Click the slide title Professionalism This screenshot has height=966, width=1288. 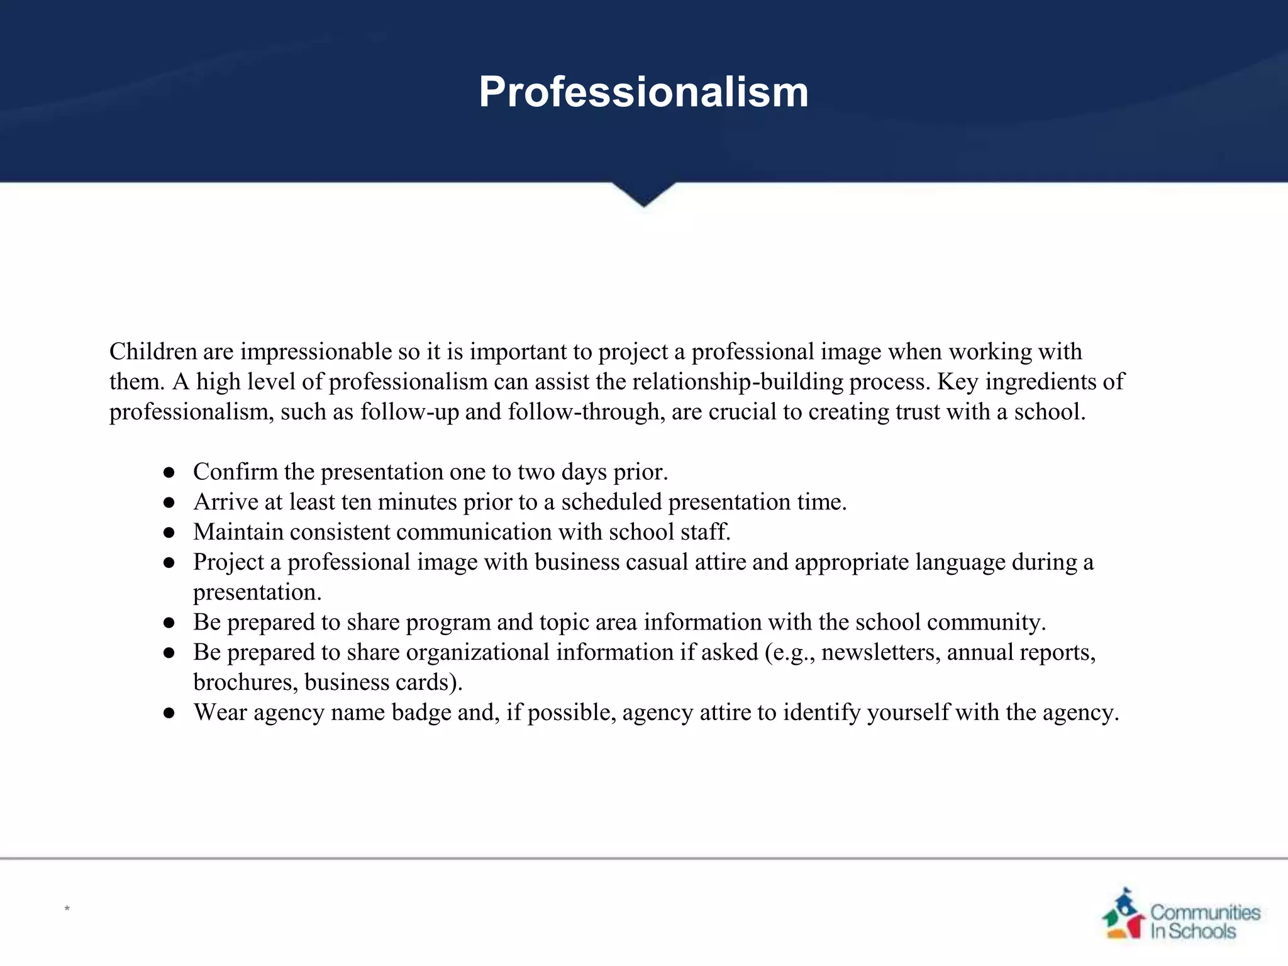coord(643,92)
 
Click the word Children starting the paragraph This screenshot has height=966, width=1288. coord(153,352)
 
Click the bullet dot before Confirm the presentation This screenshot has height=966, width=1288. coord(169,473)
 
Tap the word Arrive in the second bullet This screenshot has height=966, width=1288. coord(226,502)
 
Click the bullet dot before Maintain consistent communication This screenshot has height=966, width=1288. coord(169,533)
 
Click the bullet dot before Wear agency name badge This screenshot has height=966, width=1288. coord(169,713)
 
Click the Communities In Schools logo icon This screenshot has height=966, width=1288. coord(1123,913)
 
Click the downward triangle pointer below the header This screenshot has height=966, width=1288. coord(643,194)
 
